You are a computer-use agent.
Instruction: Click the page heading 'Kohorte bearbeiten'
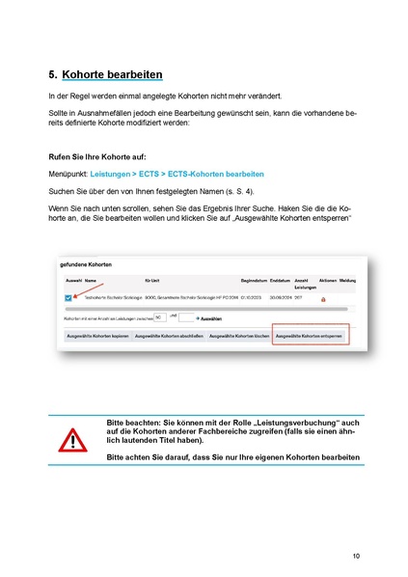click(x=112, y=74)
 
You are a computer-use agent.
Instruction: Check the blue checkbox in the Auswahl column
click(x=68, y=299)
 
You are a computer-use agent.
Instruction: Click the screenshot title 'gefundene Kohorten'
click(x=87, y=262)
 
